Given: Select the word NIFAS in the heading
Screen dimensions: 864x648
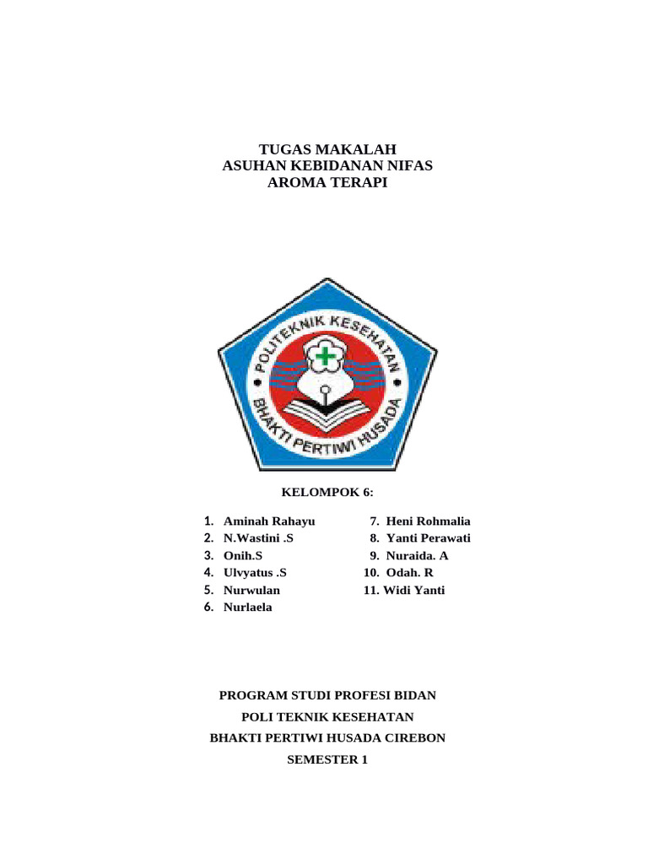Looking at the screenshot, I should (408, 165).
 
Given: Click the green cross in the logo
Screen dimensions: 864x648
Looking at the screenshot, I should (325, 357).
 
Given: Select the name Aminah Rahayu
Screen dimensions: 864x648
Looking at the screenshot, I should (268, 521).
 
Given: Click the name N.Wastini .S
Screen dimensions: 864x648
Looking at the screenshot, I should (258, 538).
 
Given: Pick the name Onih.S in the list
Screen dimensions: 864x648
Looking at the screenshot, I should (243, 555).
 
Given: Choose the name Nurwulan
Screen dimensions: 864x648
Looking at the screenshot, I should (251, 590).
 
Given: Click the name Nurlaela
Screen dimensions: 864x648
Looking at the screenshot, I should (248, 607).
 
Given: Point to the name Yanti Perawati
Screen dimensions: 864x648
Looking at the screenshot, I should (429, 538).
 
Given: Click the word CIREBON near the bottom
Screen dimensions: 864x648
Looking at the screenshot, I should (414, 737).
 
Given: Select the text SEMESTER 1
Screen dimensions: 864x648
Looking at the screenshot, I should (327, 759).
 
